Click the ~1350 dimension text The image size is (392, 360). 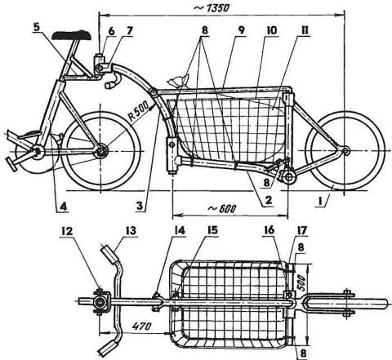(212, 8)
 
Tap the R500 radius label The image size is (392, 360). (139, 111)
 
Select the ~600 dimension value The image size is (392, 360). (222, 209)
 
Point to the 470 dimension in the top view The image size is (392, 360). (141, 326)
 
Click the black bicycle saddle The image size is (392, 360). (72, 35)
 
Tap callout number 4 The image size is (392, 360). (63, 207)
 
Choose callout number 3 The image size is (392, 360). (140, 206)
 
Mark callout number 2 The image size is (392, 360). (268, 201)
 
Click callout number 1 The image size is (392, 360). (322, 202)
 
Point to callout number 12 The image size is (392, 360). (67, 231)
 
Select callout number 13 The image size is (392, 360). (131, 231)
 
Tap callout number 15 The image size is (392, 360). (212, 230)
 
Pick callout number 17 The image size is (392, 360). (302, 231)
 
